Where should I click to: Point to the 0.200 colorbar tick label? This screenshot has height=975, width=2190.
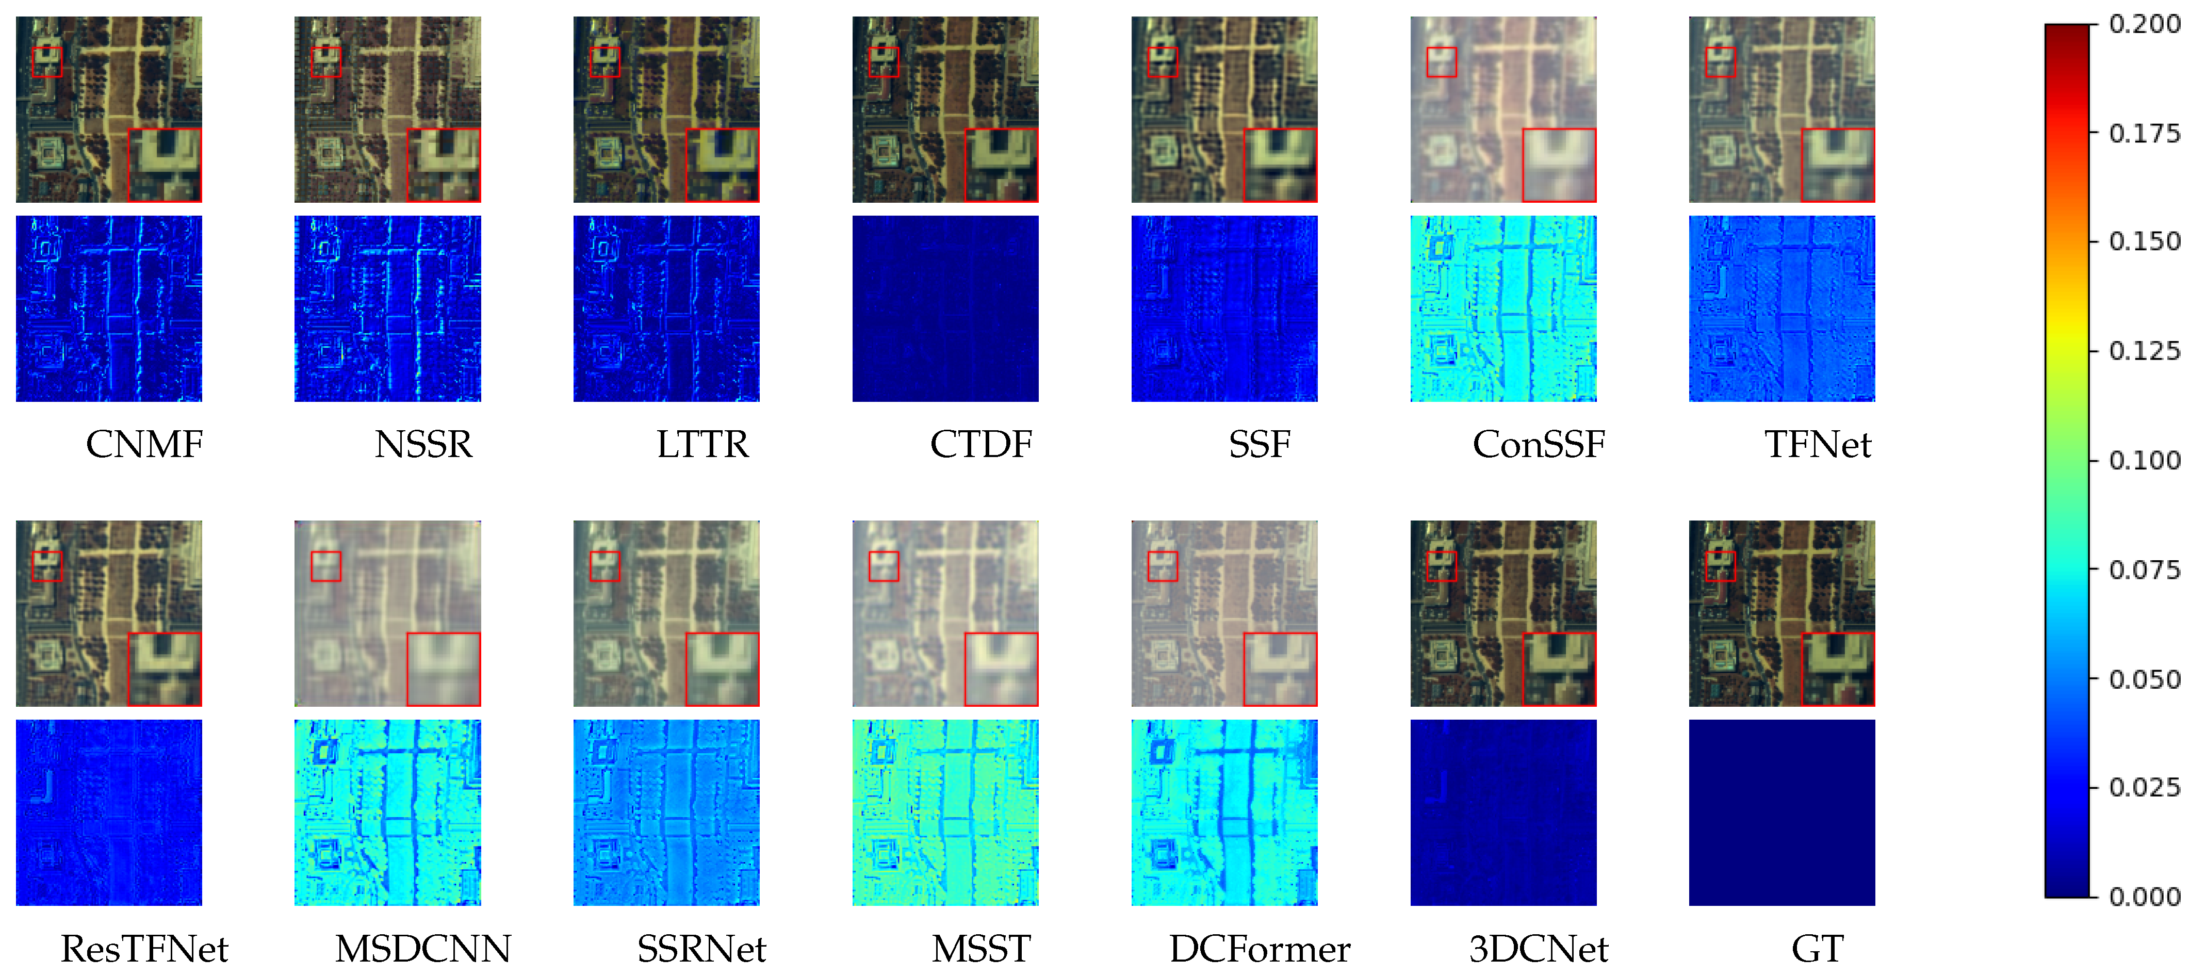[2144, 24]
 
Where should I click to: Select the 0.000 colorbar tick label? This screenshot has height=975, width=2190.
[2144, 897]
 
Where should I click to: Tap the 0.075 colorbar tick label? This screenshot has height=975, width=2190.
[2144, 570]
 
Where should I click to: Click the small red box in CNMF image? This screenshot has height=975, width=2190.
[47, 62]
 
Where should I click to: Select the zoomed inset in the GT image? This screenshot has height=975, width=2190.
[1838, 669]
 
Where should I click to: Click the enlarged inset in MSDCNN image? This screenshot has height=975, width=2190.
[444, 669]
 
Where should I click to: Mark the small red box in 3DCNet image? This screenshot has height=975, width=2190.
[1441, 566]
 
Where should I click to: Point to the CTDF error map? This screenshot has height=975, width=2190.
[945, 308]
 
